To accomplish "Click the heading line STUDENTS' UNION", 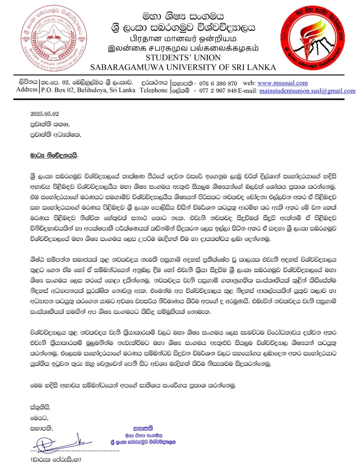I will (x=183, y=58).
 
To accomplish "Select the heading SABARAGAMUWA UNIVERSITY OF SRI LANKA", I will (x=183, y=68).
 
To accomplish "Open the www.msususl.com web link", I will (x=282, y=83).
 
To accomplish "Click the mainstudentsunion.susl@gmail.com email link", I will (x=307, y=91).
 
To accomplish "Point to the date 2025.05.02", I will (x=45, y=114).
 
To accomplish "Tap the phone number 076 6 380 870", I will (x=218, y=84).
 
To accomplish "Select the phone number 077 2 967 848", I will (x=218, y=91).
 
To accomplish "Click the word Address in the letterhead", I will (x=27, y=90).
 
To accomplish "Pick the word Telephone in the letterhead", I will (x=154, y=90).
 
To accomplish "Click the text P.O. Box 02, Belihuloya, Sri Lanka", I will (x=88, y=90).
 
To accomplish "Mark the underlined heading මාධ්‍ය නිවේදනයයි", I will (x=54, y=155).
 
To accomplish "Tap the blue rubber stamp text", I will (x=143, y=435).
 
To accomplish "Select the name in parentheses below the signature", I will (x=56, y=459).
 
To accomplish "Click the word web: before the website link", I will (x=249, y=83).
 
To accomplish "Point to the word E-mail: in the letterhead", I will (x=248, y=91).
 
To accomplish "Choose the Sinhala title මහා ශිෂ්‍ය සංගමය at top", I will (x=183, y=16).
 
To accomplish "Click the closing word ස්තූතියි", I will (x=40, y=407).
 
